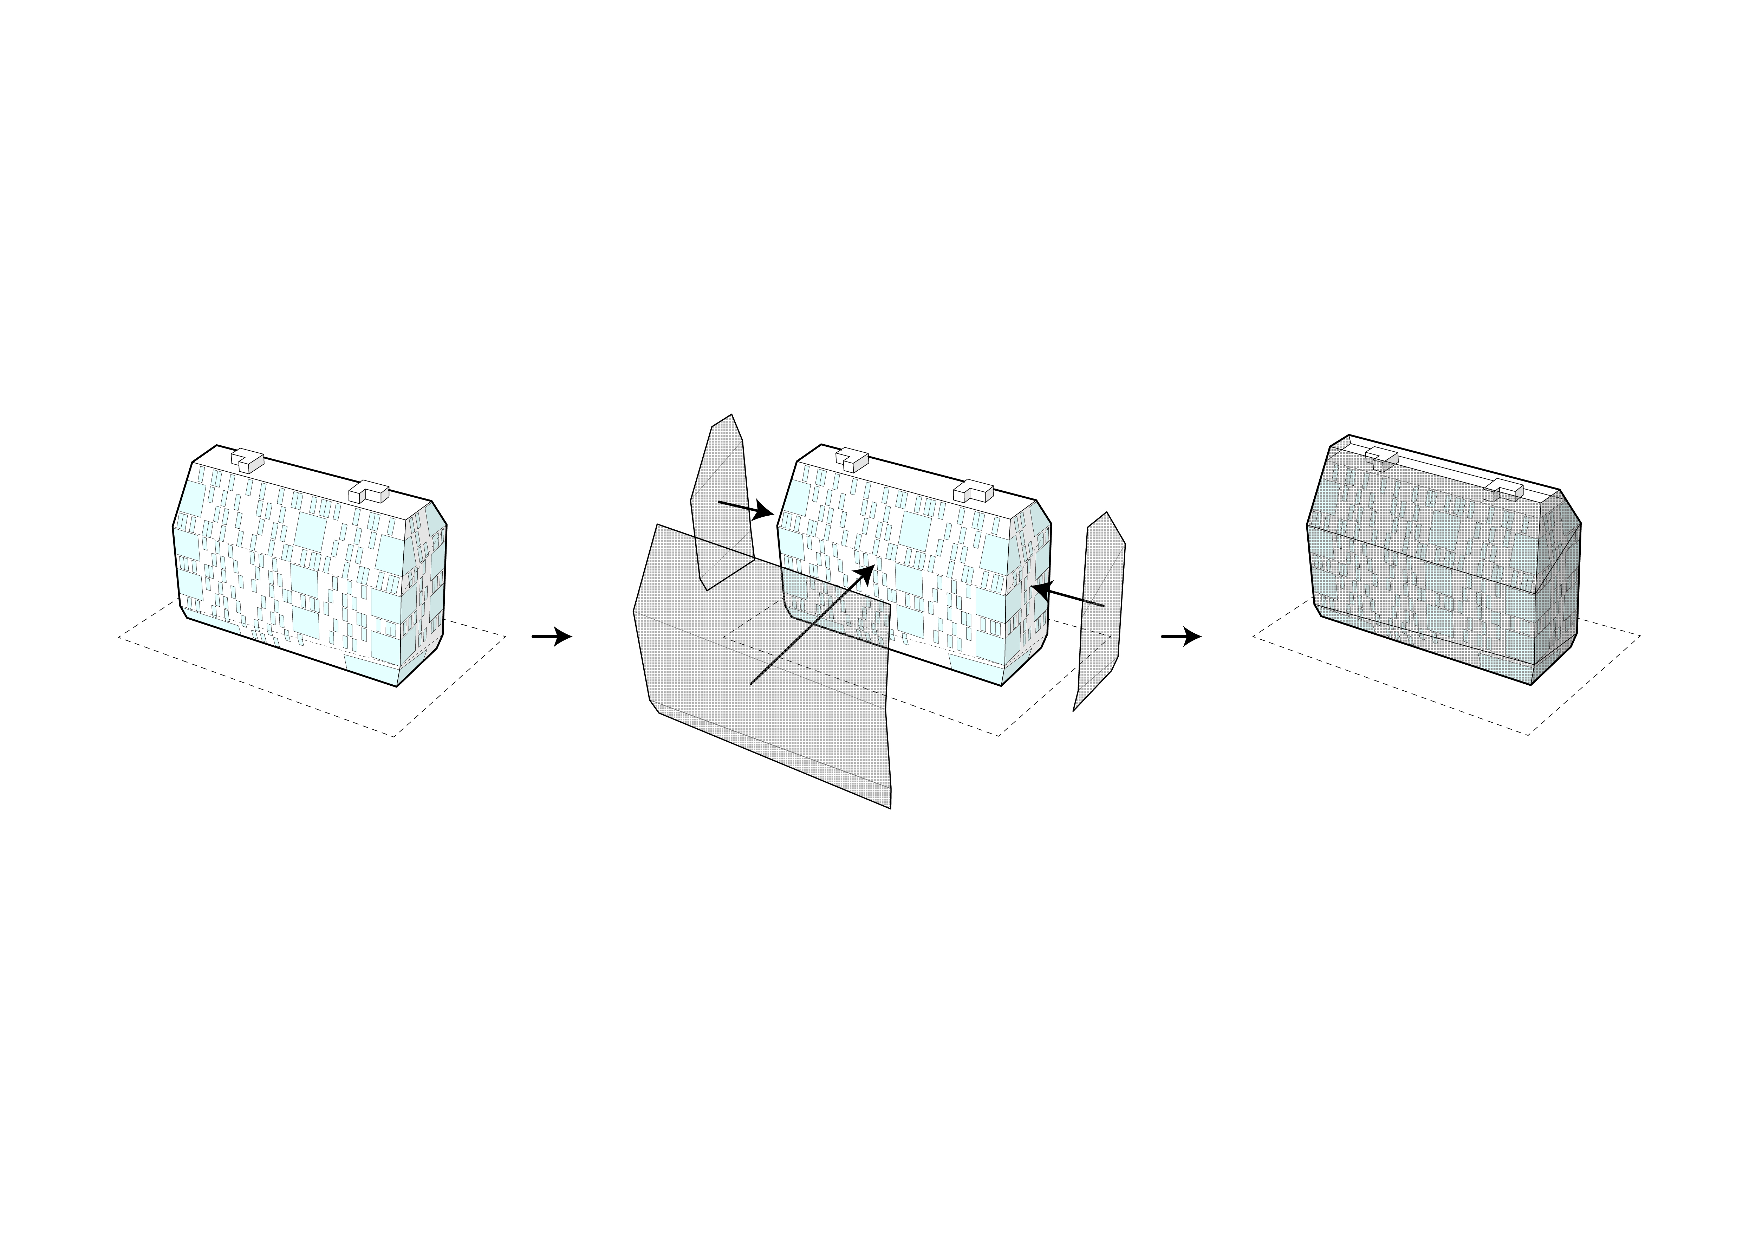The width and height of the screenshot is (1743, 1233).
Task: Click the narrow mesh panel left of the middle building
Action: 721,501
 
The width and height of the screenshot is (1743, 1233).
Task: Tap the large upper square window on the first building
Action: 310,531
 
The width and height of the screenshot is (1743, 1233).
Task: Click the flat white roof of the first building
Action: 304,478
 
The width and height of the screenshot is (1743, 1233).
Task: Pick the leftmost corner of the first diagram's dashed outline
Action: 119,638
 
